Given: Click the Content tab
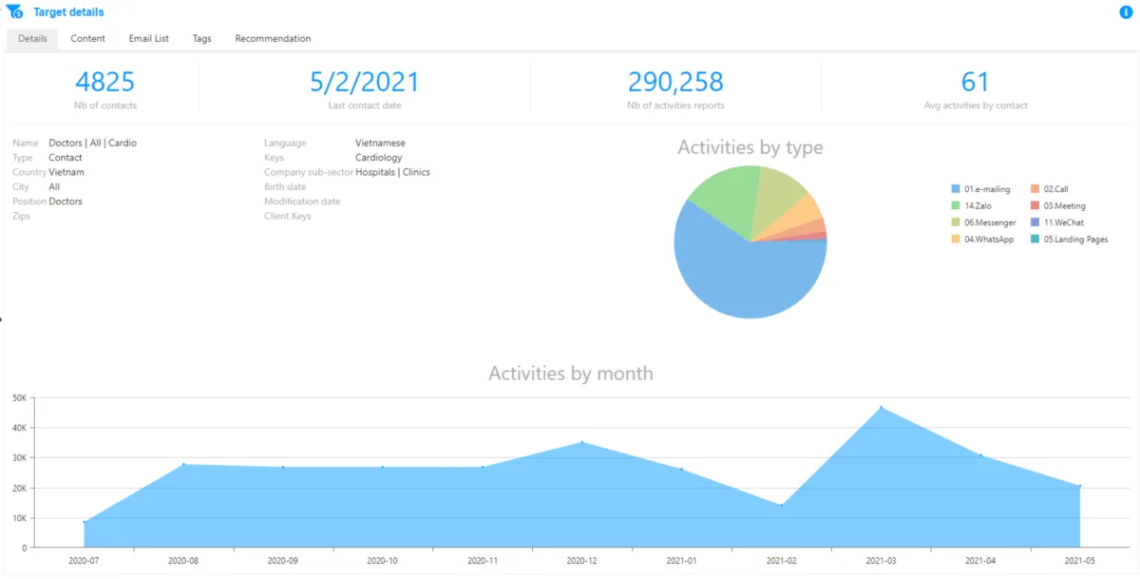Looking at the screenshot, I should pyautogui.click(x=87, y=39).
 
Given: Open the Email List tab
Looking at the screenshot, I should pyautogui.click(x=149, y=39).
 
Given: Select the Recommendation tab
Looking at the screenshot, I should pyautogui.click(x=273, y=39).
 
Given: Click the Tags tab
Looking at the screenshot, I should pyautogui.click(x=201, y=39).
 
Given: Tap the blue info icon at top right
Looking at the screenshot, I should pyautogui.click(x=1126, y=12).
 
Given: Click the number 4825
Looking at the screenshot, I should pyautogui.click(x=104, y=82).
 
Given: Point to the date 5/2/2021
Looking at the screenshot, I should pyautogui.click(x=364, y=82).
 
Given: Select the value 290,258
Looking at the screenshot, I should pyautogui.click(x=675, y=82).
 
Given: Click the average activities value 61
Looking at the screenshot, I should pyautogui.click(x=976, y=82).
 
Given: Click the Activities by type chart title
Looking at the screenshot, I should pyautogui.click(x=750, y=147).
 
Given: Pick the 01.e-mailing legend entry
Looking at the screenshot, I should pyautogui.click(x=983, y=190).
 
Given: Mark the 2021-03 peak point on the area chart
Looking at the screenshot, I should pyautogui.click(x=881, y=408).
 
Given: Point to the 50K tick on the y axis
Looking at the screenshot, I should pyautogui.click(x=19, y=397).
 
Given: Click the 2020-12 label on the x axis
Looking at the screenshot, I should pyautogui.click(x=581, y=561).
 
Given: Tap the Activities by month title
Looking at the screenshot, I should pyautogui.click(x=570, y=374).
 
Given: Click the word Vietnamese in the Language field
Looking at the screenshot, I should pyautogui.click(x=380, y=144).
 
